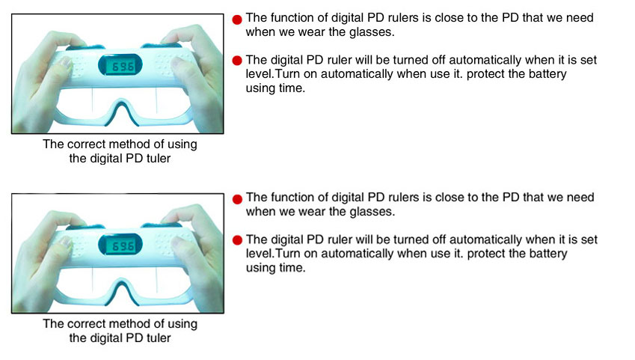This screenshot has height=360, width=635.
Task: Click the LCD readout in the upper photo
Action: tap(120, 65)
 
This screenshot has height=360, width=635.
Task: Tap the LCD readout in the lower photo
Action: tap(120, 245)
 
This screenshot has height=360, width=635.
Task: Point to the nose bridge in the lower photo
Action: tap(120, 290)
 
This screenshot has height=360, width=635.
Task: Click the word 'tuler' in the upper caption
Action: tap(159, 158)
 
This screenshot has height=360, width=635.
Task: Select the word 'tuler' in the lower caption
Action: tap(159, 338)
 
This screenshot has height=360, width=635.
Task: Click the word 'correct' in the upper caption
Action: tap(86, 144)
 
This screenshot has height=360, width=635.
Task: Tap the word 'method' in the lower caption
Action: tap(130, 323)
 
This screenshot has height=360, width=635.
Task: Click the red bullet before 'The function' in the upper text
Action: tap(237, 19)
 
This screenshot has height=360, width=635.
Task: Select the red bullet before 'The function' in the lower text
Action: tap(237, 198)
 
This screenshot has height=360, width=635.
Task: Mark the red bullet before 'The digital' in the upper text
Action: tap(237, 61)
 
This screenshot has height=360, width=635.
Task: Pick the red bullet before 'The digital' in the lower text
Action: tap(237, 240)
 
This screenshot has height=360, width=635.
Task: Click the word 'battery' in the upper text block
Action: tap(547, 74)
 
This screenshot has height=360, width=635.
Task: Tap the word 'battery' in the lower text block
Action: tap(547, 254)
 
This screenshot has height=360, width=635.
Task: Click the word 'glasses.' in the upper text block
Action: tap(372, 31)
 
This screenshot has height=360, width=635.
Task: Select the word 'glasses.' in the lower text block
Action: tap(372, 211)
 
